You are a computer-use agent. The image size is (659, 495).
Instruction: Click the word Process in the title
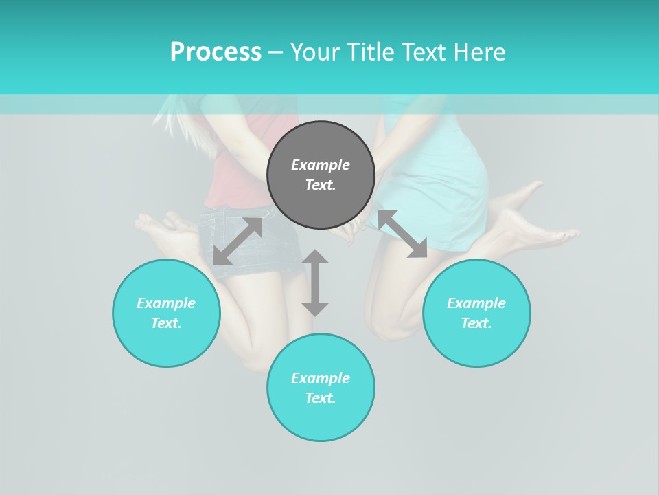(x=216, y=52)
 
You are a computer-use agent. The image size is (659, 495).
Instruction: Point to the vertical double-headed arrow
(x=315, y=283)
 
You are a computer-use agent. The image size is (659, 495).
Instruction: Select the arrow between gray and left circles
(x=238, y=241)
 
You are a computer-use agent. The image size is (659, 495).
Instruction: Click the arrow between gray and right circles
(x=402, y=234)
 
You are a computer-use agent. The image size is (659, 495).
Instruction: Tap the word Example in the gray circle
(x=321, y=165)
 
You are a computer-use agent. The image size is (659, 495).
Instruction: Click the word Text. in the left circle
(x=166, y=323)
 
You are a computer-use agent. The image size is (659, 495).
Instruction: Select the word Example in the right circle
(x=476, y=303)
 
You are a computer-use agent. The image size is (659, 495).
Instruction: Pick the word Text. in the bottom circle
(x=321, y=398)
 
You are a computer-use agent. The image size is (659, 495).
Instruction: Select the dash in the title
(x=276, y=52)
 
